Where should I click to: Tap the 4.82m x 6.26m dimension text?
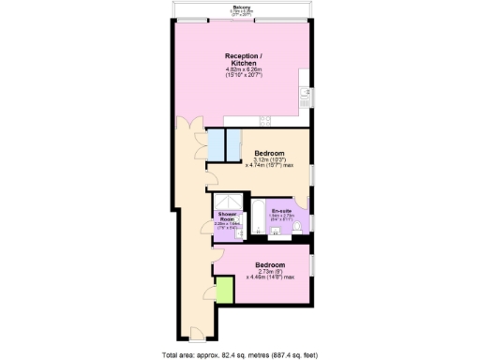240,72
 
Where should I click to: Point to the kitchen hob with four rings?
265,119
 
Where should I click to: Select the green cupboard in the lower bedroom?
224,291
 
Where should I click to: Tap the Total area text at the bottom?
240,353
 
